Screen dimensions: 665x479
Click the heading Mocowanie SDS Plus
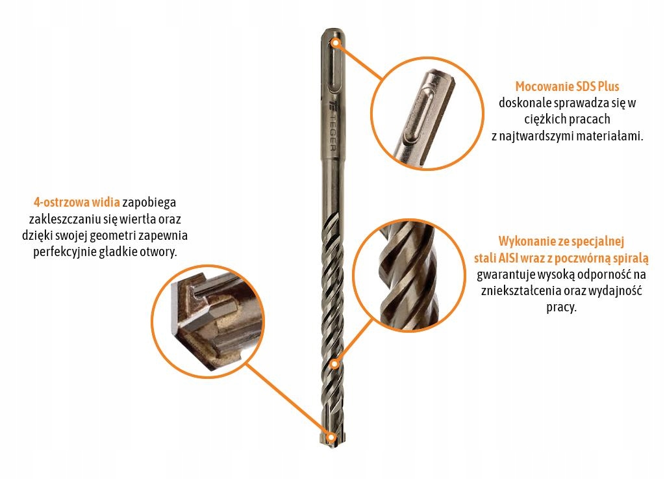(567, 86)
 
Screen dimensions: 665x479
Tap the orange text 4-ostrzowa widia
(77, 202)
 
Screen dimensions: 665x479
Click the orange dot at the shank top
(336, 42)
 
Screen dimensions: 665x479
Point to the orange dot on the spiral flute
(334, 364)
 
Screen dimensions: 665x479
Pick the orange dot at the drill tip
(331, 437)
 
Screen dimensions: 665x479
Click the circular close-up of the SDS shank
(427, 114)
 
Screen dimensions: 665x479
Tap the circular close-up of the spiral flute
(409, 276)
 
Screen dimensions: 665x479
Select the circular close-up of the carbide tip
(208, 321)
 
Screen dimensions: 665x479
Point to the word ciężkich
(545, 119)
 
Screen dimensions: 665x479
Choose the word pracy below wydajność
(560, 307)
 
